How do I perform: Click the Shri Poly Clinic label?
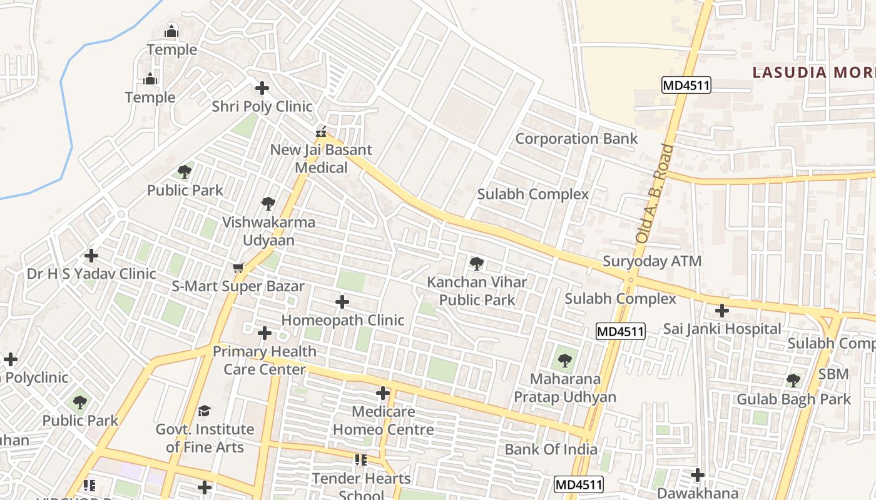click(262, 106)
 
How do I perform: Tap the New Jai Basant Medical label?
click(321, 159)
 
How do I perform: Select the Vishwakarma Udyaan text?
click(268, 231)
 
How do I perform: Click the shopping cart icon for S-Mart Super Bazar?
click(238, 268)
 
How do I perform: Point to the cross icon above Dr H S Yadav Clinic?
click(91, 256)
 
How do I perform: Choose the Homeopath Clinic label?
click(342, 320)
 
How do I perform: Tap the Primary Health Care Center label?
click(265, 360)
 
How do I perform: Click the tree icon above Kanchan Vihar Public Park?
click(477, 264)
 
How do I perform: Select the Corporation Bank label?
click(576, 139)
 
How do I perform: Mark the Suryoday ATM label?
click(651, 261)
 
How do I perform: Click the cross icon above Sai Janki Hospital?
click(722, 311)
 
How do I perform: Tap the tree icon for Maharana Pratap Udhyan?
click(565, 361)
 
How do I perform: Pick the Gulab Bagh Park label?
click(793, 399)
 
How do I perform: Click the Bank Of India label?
click(551, 449)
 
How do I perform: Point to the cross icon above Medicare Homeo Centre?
click(383, 394)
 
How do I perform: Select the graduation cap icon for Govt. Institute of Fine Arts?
click(205, 411)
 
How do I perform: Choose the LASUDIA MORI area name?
click(813, 72)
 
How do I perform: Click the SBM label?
click(833, 374)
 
